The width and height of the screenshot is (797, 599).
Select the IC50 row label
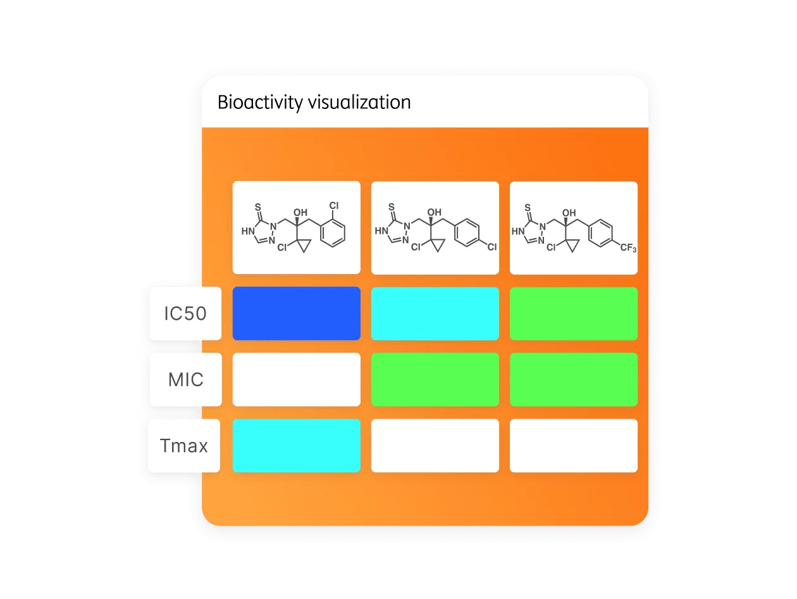pyautogui.click(x=185, y=313)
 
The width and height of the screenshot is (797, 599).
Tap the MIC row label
pyautogui.click(x=186, y=380)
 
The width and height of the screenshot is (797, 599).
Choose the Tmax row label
pyautogui.click(x=184, y=446)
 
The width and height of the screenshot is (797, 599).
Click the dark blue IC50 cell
pyautogui.click(x=297, y=313)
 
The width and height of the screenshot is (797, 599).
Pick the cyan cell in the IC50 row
pyautogui.click(x=435, y=313)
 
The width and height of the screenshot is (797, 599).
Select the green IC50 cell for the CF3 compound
pyautogui.click(x=574, y=313)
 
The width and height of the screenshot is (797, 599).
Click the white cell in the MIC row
pyautogui.click(x=297, y=380)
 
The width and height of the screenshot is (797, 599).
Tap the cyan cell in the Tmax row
pyautogui.click(x=297, y=446)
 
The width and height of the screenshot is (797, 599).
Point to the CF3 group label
pyautogui.click(x=627, y=249)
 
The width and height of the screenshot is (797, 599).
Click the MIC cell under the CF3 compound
pyautogui.click(x=574, y=380)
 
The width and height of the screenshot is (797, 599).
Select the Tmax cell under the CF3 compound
pyautogui.click(x=574, y=446)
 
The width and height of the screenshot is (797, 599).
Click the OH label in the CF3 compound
pyautogui.click(x=569, y=213)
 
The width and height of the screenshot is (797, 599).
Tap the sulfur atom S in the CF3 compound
pyautogui.click(x=528, y=207)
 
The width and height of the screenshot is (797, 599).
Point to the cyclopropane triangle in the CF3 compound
pyautogui.click(x=571, y=245)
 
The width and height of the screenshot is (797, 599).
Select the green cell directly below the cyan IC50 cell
pyautogui.click(x=435, y=380)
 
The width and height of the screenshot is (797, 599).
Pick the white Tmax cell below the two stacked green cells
pyautogui.click(x=574, y=446)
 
